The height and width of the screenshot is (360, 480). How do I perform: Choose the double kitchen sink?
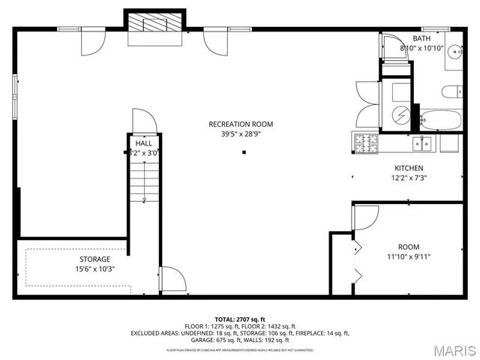tap(426, 140)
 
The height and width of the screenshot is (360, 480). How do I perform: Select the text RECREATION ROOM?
tap(241, 124)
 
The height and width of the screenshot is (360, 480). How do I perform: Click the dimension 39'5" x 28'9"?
tap(241, 135)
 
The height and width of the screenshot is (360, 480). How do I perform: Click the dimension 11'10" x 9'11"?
tap(409, 257)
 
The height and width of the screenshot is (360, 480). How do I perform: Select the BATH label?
tap(422, 38)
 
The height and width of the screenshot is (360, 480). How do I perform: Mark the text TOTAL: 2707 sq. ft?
tap(240, 319)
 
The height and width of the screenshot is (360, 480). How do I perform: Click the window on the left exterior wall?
tap(16, 93)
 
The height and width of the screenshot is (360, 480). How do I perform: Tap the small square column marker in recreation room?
tap(244, 153)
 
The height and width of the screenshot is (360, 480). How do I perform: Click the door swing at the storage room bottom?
tap(172, 279)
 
